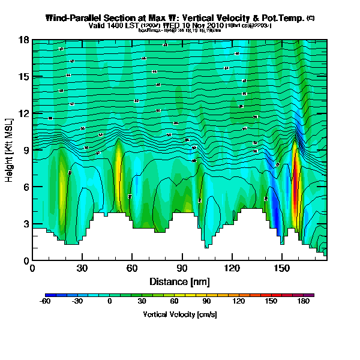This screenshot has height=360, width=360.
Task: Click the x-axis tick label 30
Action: (82, 269)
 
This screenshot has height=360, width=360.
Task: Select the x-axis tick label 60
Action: (132, 269)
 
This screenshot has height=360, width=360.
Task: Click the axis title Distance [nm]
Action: (179, 281)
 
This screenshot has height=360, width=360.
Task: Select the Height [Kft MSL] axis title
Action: (10, 150)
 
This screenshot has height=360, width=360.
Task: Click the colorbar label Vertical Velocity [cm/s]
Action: (179, 314)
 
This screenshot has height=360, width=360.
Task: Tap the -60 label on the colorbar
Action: (44, 302)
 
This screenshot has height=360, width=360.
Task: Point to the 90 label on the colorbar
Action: (206, 302)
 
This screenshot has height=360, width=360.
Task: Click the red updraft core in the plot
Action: (295, 180)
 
